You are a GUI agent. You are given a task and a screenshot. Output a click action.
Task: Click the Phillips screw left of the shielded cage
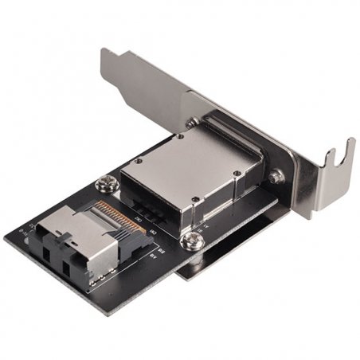pyautogui.click(x=103, y=185)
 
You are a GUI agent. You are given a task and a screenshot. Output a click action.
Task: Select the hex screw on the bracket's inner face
pyautogui.click(x=276, y=177)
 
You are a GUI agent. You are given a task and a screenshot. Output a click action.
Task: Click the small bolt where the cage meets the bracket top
pyautogui.click(x=192, y=123)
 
